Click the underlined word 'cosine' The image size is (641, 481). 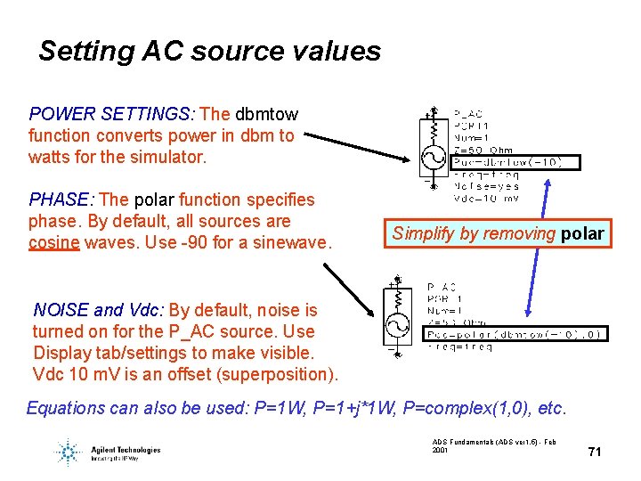point(54,242)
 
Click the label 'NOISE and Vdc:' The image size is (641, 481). point(98,310)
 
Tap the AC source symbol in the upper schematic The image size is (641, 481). point(434,158)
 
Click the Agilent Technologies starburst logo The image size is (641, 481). point(67,452)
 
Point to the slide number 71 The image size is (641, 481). point(595,452)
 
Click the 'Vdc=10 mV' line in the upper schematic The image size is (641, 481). point(486,199)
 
